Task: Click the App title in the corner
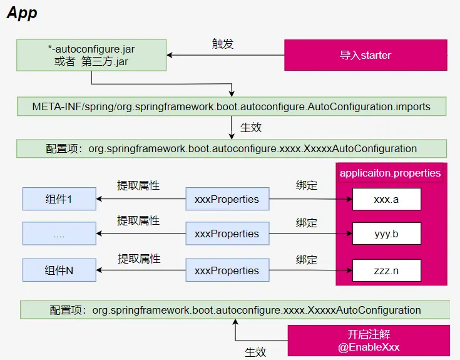coord(22,13)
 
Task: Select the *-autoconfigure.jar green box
coord(91,55)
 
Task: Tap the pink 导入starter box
coord(366,55)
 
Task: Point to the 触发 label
coord(223,44)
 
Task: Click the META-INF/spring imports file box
coord(232,106)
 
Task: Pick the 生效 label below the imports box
coord(251,127)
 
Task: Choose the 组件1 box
coord(59,199)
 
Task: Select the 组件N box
coord(59,270)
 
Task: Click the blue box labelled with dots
coord(59,234)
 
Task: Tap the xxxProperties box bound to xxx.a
coord(227,199)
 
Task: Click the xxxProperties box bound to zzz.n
coord(227,270)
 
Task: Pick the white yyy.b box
coord(386,234)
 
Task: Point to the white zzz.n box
coord(386,270)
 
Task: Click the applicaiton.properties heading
coord(390,173)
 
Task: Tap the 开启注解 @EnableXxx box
coord(369,341)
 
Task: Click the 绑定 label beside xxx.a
coord(307,186)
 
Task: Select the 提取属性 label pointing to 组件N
coord(139,258)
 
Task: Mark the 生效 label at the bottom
coord(255,352)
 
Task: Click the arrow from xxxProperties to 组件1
coord(141,199)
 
